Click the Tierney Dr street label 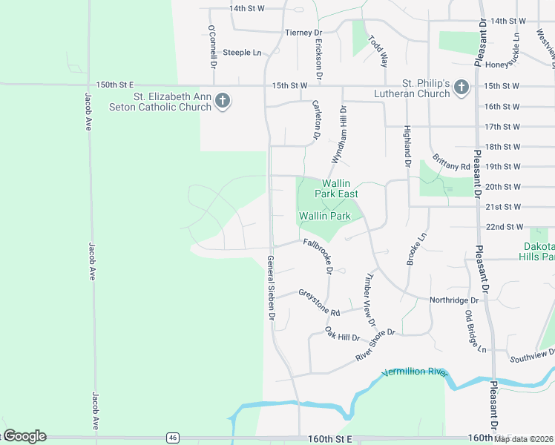pos(303,33)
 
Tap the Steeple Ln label pos(243,53)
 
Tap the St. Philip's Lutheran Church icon pos(461,88)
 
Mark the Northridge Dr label pos(454,300)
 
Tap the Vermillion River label pos(416,371)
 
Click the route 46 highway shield pos(172,437)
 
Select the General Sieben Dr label pos(271,289)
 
